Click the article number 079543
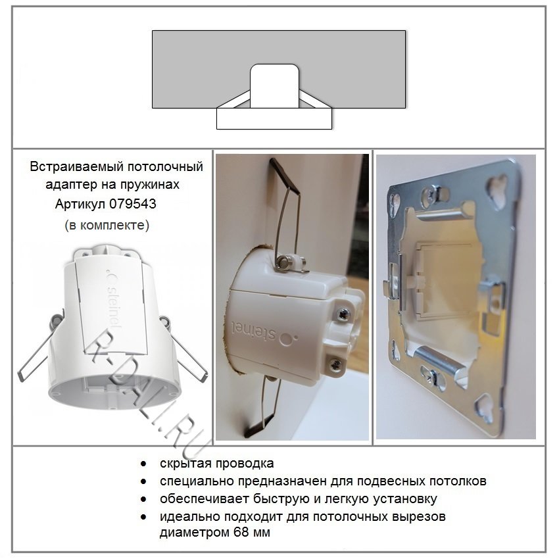tap(133, 204)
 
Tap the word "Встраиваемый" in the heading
tap(76, 166)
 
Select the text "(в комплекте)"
tap(107, 226)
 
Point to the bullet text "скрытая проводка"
tap(217, 464)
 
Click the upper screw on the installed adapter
tap(343, 314)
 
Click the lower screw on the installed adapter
tap(335, 364)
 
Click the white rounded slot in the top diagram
tap(274, 86)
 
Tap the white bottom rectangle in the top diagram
tap(274, 118)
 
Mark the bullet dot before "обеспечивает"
tap(143, 499)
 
